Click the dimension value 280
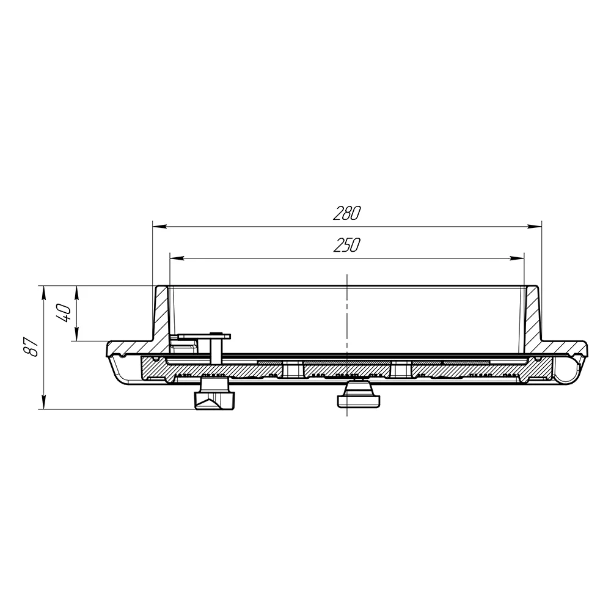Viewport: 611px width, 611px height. [347, 213]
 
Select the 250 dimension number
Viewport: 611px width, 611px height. [347, 245]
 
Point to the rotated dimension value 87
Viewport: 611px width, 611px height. [31, 347]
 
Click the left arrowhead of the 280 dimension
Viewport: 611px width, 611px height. [159, 226]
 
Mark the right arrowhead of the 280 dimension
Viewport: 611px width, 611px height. [534, 226]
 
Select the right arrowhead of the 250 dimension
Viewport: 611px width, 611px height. [517, 258]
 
